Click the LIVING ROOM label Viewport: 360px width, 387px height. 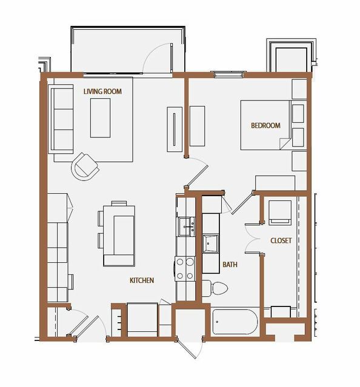pos(102,91)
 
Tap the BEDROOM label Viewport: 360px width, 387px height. pos(265,125)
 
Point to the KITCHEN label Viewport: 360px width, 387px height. pos(142,280)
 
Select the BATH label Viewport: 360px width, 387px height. pos(230,264)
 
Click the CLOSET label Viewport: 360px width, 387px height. pos(281,240)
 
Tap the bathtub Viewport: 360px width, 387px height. pos(235,322)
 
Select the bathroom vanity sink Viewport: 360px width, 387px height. pos(210,243)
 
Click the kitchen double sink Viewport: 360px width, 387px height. pos(187,227)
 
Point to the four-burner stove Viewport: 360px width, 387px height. pos(185,268)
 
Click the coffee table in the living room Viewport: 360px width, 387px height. pos(100,117)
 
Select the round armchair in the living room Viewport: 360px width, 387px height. pos(85,167)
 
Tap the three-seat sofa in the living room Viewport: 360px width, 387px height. pos(61,119)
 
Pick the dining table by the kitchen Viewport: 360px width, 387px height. pos(119,236)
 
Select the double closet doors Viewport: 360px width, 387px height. pos(252,239)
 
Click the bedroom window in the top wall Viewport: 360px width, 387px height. pos(228,74)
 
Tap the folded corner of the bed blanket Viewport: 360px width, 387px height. pos(284,144)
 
